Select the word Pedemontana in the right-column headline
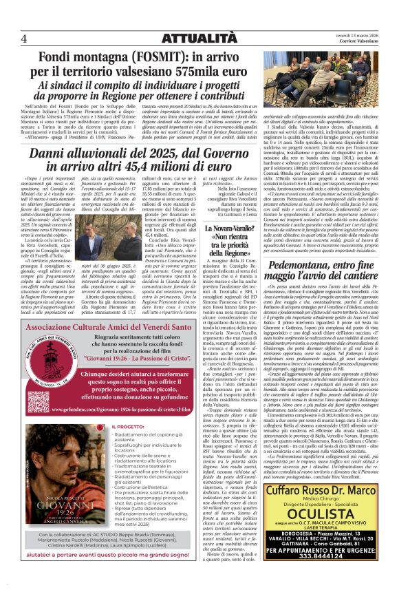pyautogui.click(x=285, y=266)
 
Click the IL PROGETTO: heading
pyautogui.click(x=131, y=427)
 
